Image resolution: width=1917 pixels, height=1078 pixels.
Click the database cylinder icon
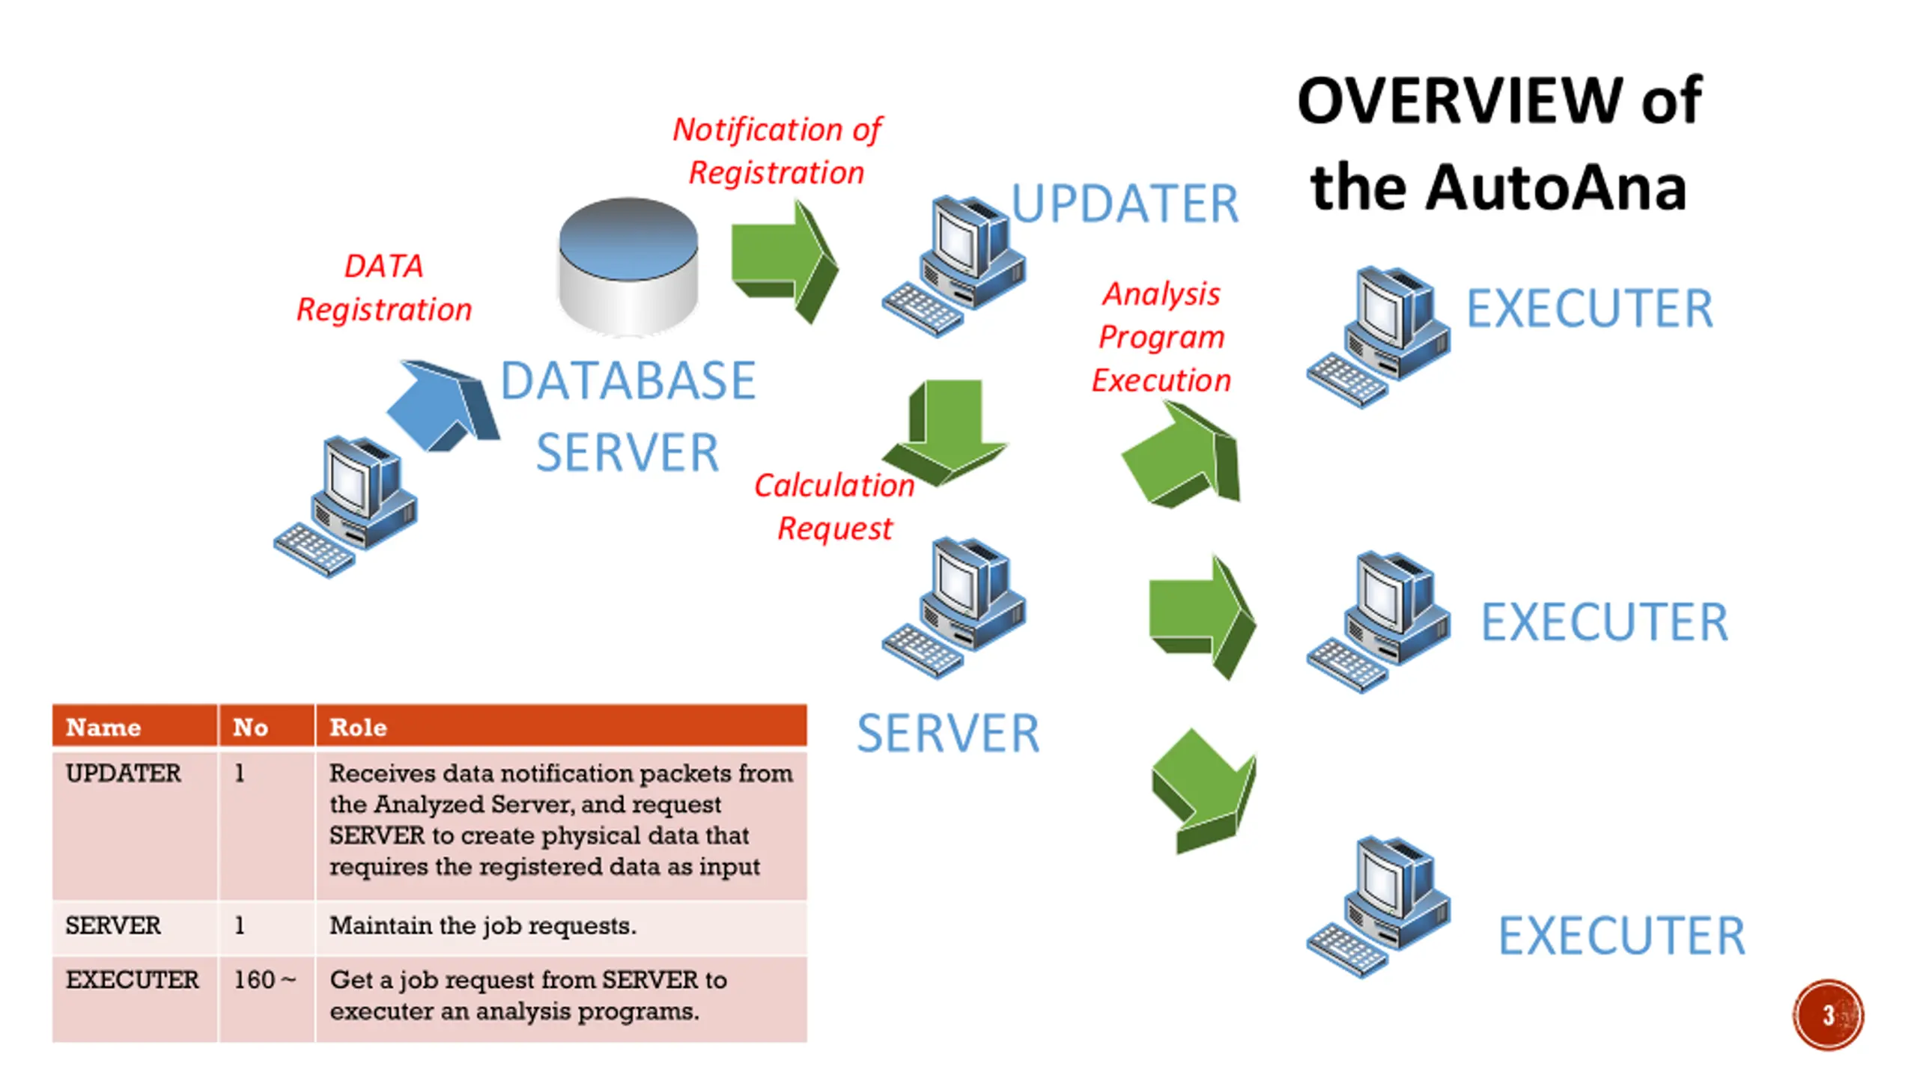tap(628, 266)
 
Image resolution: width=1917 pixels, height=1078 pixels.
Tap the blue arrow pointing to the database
tap(443, 405)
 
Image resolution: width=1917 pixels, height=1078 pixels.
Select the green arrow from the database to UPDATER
tap(784, 261)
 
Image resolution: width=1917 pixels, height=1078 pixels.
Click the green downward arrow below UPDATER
tap(946, 432)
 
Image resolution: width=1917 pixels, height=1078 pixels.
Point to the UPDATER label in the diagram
tap(1125, 204)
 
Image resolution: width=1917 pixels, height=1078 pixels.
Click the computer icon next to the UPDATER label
tap(953, 266)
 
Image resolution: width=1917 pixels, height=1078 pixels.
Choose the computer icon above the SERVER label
tap(953, 607)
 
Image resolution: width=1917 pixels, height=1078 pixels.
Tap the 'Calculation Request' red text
tap(834, 507)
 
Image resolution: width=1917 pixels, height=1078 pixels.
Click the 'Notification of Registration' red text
tap(777, 150)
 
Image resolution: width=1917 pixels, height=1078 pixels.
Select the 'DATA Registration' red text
tap(384, 287)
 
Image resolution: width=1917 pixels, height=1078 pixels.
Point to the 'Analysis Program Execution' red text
tap(1161, 337)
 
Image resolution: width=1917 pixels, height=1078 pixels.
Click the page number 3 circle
tap(1828, 1014)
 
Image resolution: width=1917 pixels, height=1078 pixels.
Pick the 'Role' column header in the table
tap(358, 727)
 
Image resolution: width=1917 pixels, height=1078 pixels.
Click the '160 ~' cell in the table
tap(264, 979)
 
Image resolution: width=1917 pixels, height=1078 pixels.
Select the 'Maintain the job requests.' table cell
tap(483, 925)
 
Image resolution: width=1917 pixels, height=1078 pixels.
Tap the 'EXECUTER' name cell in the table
tap(133, 979)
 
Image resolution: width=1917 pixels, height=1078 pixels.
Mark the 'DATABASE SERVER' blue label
tap(628, 415)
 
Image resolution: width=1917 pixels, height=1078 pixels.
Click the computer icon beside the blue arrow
tap(345, 506)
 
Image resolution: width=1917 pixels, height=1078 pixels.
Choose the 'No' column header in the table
tap(250, 727)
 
